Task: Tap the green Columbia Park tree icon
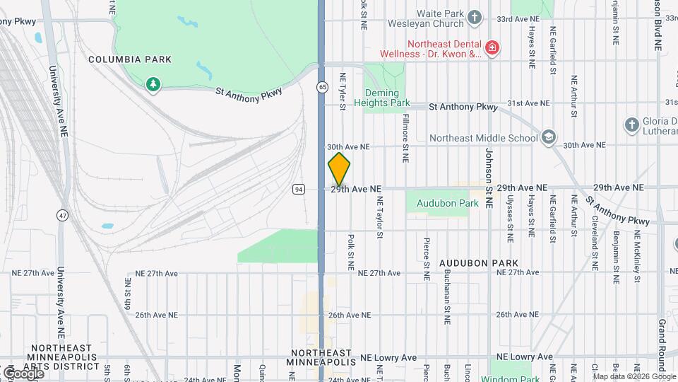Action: click(153, 86)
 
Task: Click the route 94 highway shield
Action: click(299, 189)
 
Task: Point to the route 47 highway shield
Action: click(64, 214)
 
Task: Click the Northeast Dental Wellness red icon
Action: click(492, 49)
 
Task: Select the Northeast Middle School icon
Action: click(549, 137)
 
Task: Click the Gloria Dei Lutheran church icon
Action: click(632, 125)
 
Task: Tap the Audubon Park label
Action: click(447, 203)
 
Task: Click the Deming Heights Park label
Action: click(386, 98)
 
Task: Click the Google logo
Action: click(23, 374)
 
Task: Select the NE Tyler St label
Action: click(343, 91)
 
